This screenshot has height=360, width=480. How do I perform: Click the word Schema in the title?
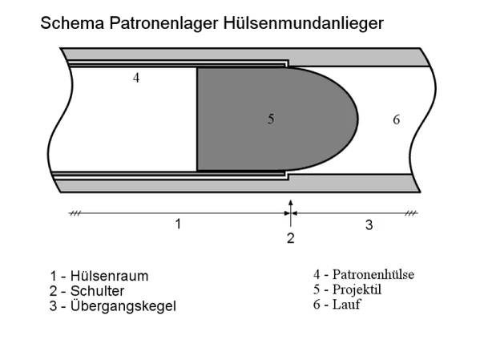[x=72, y=23]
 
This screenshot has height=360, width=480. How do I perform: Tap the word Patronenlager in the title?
[x=163, y=23]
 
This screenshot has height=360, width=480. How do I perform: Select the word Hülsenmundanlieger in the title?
[x=304, y=23]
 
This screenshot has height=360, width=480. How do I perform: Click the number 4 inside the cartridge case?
[x=136, y=78]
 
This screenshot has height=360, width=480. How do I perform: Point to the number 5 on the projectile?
[x=271, y=119]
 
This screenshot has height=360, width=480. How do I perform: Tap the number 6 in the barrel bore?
[x=397, y=119]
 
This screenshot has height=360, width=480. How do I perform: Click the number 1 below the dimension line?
[x=178, y=224]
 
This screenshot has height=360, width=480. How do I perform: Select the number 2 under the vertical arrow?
[x=291, y=238]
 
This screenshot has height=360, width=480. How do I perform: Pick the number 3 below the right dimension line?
[x=369, y=224]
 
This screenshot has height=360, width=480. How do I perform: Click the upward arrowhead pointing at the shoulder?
[x=291, y=203]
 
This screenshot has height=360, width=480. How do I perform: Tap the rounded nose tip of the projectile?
[x=357, y=119]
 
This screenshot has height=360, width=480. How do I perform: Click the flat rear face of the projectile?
[x=197, y=119]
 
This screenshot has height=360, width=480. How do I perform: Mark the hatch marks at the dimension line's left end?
[x=75, y=213]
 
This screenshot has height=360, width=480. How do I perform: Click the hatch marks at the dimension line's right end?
[x=411, y=213]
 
